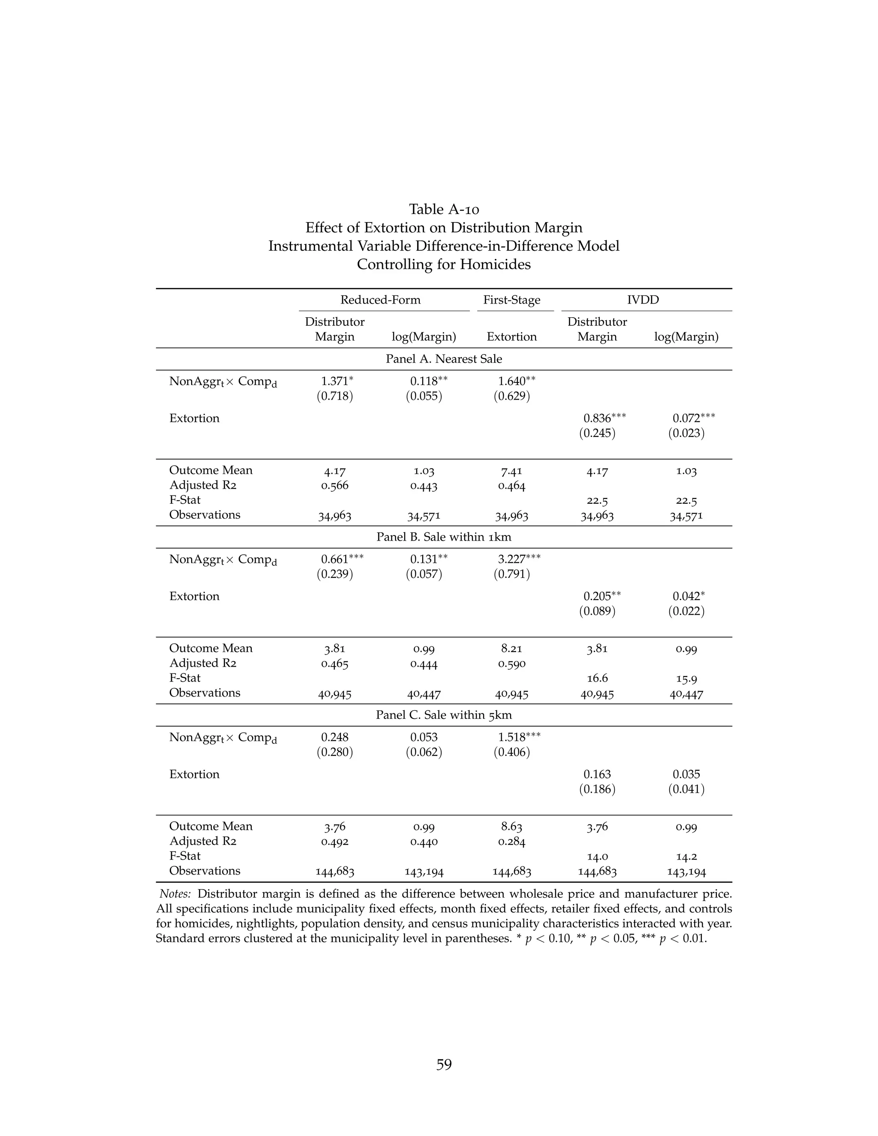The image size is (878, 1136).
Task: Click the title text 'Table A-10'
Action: point(444,209)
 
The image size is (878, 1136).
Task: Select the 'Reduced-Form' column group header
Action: point(380,300)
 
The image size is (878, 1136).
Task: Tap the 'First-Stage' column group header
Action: point(511,300)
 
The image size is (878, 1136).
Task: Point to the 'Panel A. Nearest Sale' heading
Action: point(444,359)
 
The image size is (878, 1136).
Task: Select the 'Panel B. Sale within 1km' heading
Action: point(444,537)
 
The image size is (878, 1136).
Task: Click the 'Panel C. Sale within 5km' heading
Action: point(444,715)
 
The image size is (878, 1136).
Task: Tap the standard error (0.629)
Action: point(511,397)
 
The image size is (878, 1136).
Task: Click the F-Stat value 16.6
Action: point(597,678)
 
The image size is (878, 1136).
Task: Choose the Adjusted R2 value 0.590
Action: point(511,664)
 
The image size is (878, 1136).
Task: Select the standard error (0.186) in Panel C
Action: point(597,789)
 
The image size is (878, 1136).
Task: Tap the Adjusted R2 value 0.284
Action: point(511,841)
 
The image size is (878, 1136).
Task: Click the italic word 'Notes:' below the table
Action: point(175,894)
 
